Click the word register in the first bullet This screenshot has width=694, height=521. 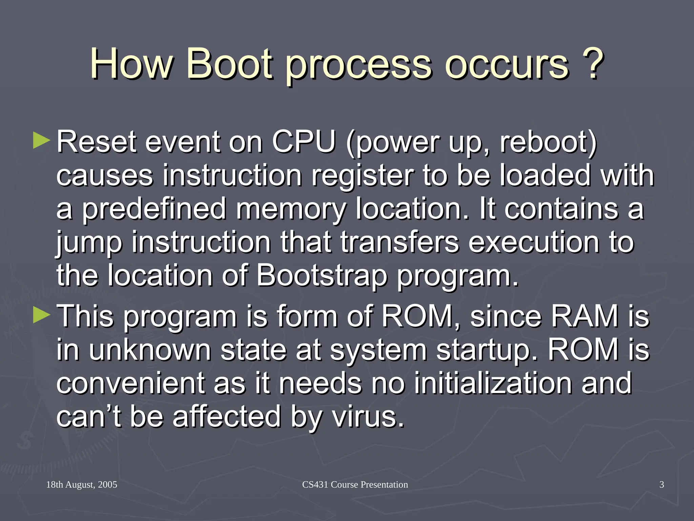click(362, 175)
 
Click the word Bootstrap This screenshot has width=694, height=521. click(321, 275)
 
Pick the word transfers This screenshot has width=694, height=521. click(399, 242)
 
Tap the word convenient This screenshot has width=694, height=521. click(130, 383)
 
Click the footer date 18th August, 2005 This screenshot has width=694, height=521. click(82, 485)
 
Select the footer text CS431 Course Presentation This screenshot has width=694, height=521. click(355, 485)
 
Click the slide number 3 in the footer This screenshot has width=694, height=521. click(661, 485)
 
